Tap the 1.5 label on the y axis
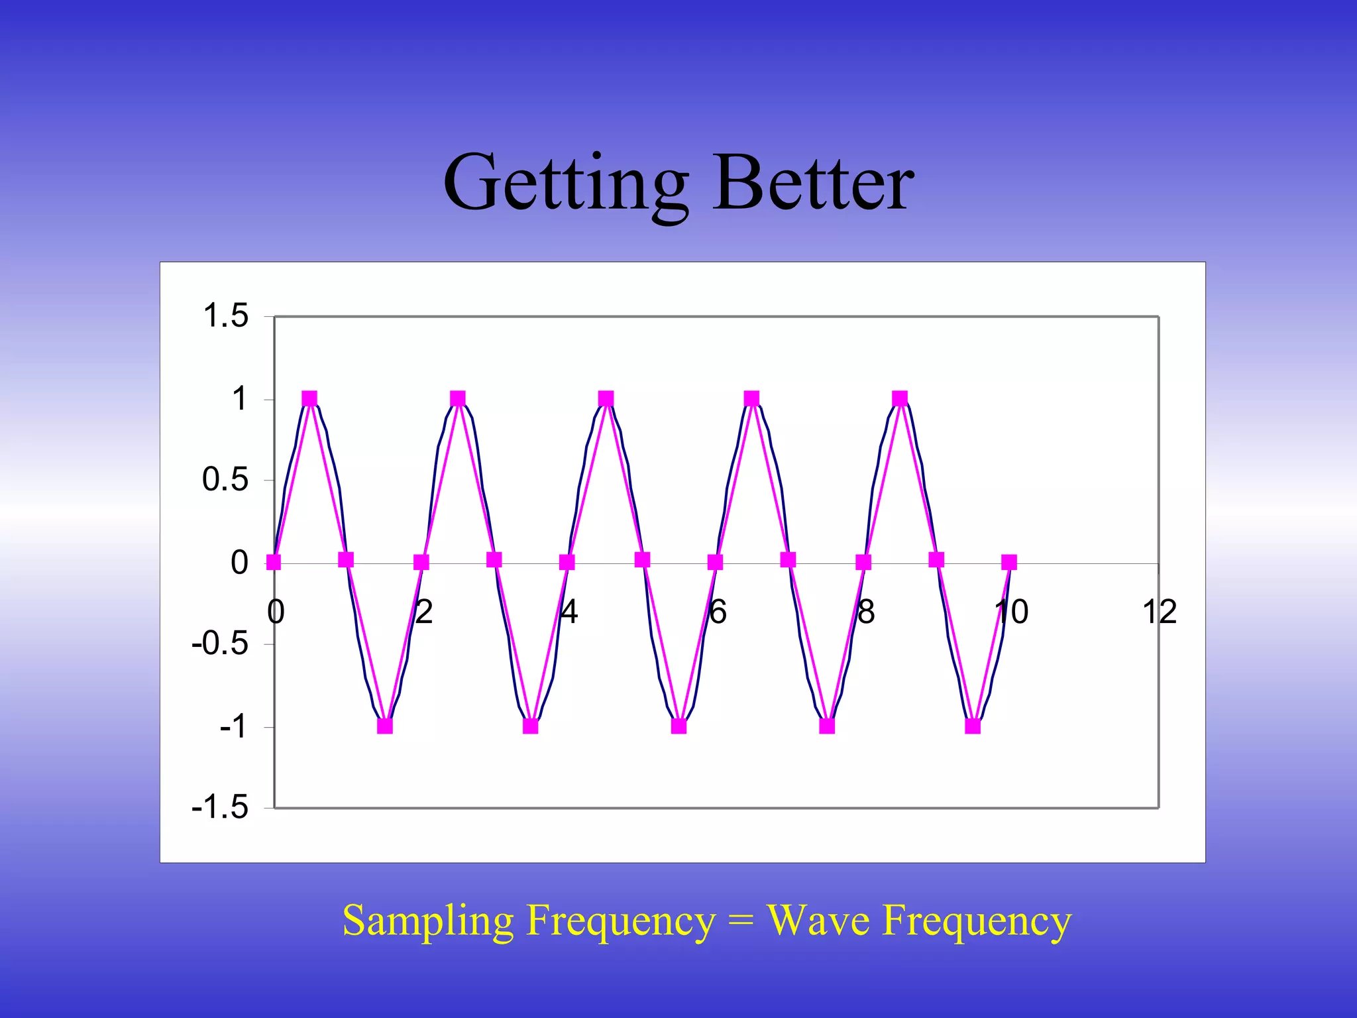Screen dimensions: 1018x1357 225,315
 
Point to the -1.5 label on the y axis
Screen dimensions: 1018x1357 220,807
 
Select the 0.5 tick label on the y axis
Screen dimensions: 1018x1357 225,479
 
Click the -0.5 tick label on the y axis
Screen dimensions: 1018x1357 220,644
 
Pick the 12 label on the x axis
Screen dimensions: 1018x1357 1159,612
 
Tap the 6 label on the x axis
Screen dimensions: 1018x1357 718,612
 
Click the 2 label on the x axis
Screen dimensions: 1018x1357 424,612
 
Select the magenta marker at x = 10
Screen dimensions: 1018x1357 1008,563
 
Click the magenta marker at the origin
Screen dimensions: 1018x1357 273,563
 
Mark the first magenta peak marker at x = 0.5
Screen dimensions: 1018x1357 309,398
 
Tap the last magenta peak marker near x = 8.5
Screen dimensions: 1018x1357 899,398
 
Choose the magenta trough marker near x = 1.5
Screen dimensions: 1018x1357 384,726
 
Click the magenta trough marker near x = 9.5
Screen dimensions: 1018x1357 972,726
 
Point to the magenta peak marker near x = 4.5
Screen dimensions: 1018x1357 606,398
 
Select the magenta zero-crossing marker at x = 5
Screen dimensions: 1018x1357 642,560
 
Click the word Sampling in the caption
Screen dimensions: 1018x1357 428,921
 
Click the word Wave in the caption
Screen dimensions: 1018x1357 818,921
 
